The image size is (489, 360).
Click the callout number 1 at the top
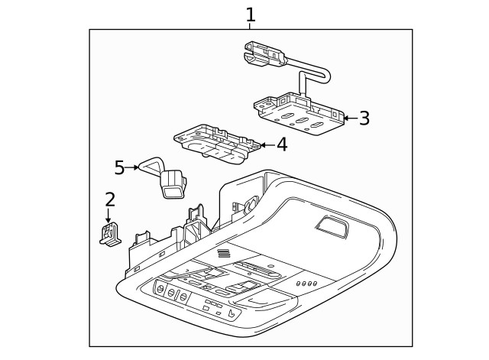tap(251, 14)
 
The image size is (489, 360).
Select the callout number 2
tap(110, 200)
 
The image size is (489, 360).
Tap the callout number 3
tap(364, 118)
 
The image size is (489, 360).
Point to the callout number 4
tap(281, 144)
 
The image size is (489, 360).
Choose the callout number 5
tap(119, 167)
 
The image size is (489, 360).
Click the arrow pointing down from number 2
tap(108, 216)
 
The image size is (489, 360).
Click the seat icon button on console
tap(232, 316)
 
